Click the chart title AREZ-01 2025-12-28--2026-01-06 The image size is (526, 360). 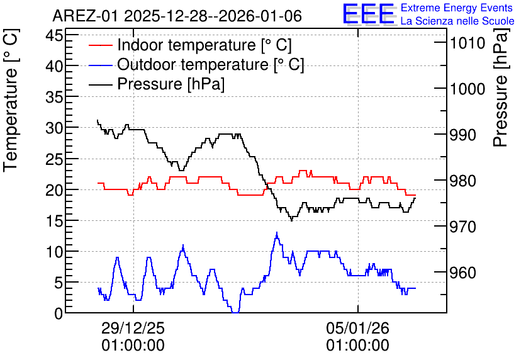pyautogui.click(x=177, y=16)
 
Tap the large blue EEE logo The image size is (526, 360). pyautogui.click(x=368, y=14)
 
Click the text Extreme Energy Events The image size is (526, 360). pyautogui.click(x=457, y=8)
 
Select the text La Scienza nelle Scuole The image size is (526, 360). pyautogui.click(x=457, y=21)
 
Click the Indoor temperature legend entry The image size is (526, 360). pyautogui.click(x=191, y=45)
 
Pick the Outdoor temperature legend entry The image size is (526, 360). pyautogui.click(x=196, y=64)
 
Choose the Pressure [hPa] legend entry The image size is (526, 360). pyautogui.click(x=157, y=84)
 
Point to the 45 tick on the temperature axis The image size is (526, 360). pyautogui.click(x=54, y=35)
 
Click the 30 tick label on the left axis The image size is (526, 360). pyautogui.click(x=54, y=128)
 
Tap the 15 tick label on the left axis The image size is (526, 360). pyautogui.click(x=54, y=221)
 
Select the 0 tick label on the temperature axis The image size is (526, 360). pyautogui.click(x=59, y=313)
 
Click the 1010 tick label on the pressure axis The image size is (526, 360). pyautogui.click(x=467, y=43)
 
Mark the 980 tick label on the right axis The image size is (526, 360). pyautogui.click(x=463, y=181)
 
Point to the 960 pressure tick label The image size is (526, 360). pyautogui.click(x=463, y=273)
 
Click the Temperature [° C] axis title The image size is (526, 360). pyautogui.click(x=11, y=100)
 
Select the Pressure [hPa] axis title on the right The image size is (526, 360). pyautogui.click(x=500, y=87)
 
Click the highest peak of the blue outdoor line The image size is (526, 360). pyautogui.click(x=277, y=232)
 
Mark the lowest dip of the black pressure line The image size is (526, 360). pyautogui.click(x=291, y=220)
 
